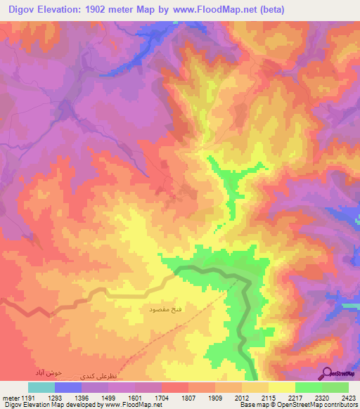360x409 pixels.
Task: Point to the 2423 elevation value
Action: [347, 397]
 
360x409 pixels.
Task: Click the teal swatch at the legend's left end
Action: [41, 387]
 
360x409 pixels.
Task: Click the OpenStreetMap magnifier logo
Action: [327, 373]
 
